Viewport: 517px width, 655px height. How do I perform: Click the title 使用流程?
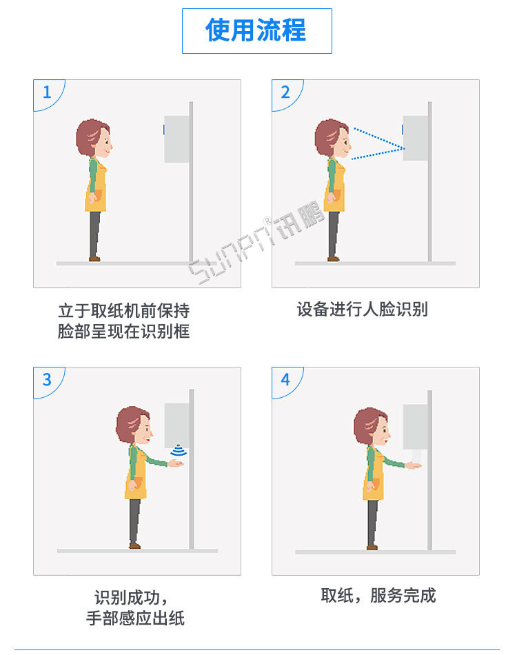tap(256, 31)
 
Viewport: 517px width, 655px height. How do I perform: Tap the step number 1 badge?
tap(47, 92)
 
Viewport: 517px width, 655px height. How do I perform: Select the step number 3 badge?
tap(47, 380)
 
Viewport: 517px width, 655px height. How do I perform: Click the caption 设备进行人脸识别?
tap(362, 309)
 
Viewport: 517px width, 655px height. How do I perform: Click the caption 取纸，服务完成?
tap(378, 596)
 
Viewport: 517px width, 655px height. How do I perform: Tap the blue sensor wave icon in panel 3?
tap(180, 450)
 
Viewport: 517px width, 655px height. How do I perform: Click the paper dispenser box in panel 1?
tap(176, 139)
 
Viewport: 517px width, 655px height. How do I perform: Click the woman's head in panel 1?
tap(94, 138)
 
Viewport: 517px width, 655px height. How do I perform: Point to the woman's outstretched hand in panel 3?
tap(176, 464)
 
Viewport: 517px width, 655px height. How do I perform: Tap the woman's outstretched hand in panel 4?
tap(414, 465)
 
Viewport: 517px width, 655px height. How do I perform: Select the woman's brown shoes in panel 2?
tap(333, 259)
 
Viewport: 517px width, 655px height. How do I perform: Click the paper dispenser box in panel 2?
tap(415, 139)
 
